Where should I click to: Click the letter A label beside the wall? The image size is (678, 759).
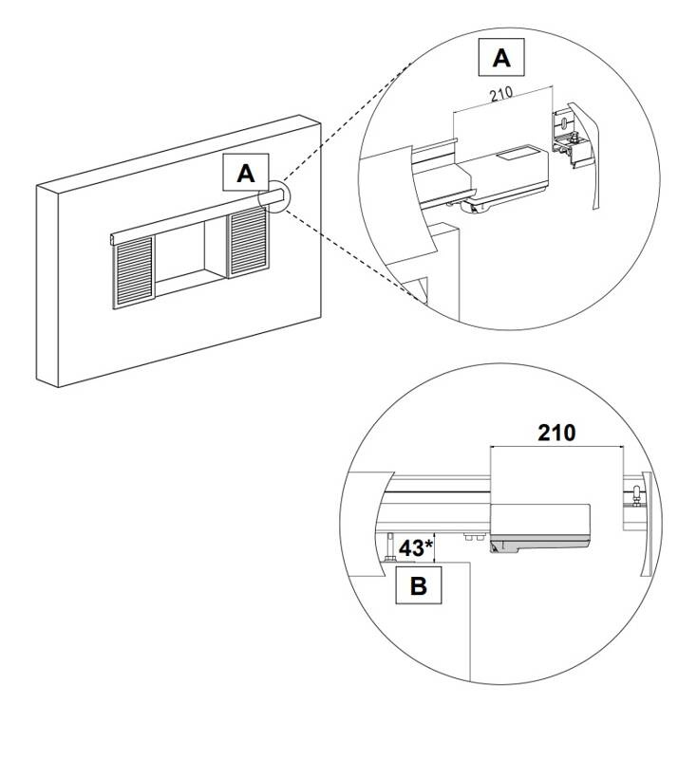click(246, 174)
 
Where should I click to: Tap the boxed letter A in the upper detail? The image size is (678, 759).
click(500, 59)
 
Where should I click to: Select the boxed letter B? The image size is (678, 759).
click(418, 585)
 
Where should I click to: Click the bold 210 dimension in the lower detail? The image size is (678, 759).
click(556, 433)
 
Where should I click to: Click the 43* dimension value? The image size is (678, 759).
click(416, 548)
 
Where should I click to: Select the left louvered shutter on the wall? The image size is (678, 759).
click(132, 271)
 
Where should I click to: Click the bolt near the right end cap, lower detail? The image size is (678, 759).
click(631, 497)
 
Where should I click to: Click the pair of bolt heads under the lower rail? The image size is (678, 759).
click(469, 536)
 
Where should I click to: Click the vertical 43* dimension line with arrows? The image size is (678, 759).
click(434, 546)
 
